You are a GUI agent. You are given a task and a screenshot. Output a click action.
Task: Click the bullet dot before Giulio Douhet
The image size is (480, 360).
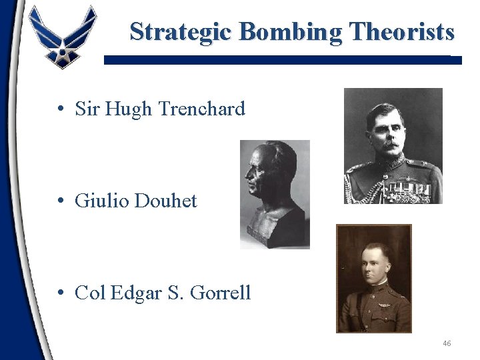(61, 200)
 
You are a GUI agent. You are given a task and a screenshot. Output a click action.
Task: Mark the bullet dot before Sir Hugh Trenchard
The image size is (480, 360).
(61, 109)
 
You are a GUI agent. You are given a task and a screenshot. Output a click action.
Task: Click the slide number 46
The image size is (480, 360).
(447, 343)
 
